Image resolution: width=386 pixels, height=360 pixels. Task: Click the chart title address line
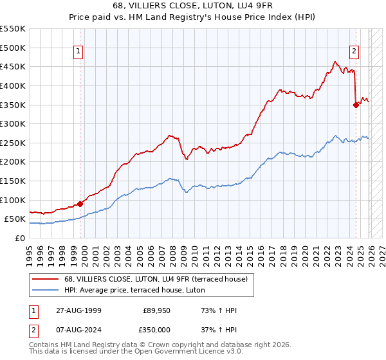[x=193, y=6]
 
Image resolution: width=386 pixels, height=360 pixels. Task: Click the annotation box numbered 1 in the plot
[x=78, y=53]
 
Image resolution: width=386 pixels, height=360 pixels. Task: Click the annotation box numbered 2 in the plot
[x=354, y=53]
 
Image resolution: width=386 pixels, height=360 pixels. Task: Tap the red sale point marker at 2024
[x=356, y=105]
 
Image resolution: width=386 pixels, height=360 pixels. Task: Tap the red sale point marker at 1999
[x=80, y=204]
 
